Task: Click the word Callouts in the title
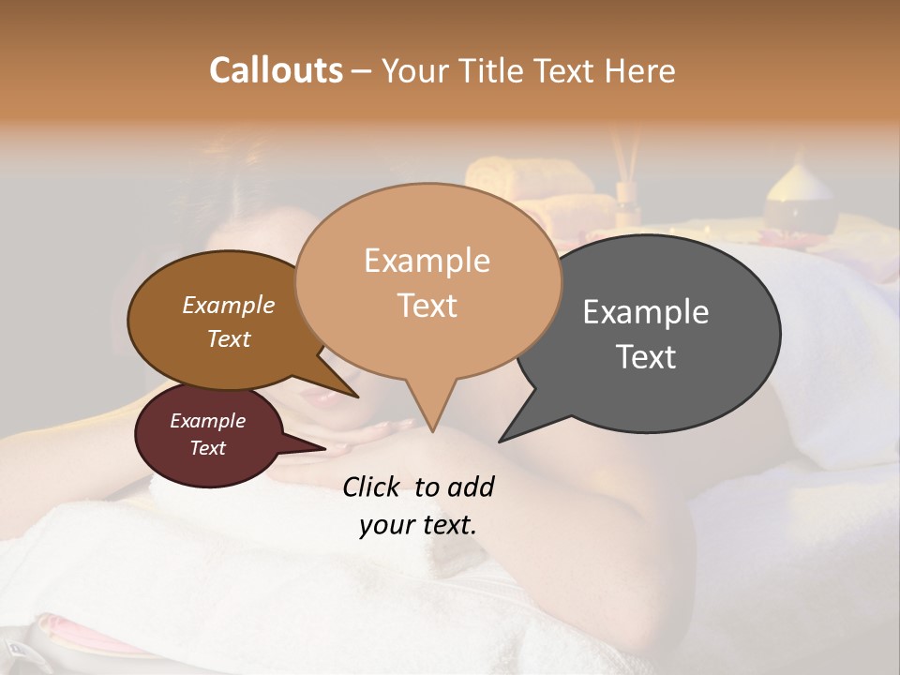coord(276,70)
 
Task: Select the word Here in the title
coord(637,70)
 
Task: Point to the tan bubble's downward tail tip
coord(432,430)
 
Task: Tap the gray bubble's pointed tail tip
coord(501,441)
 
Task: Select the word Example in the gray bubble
coord(646,312)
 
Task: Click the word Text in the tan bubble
coord(427,306)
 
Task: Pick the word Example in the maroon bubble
coord(207,421)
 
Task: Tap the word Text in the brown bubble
coord(228,338)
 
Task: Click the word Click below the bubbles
coord(373,487)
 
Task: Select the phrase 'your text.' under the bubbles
coord(418,525)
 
